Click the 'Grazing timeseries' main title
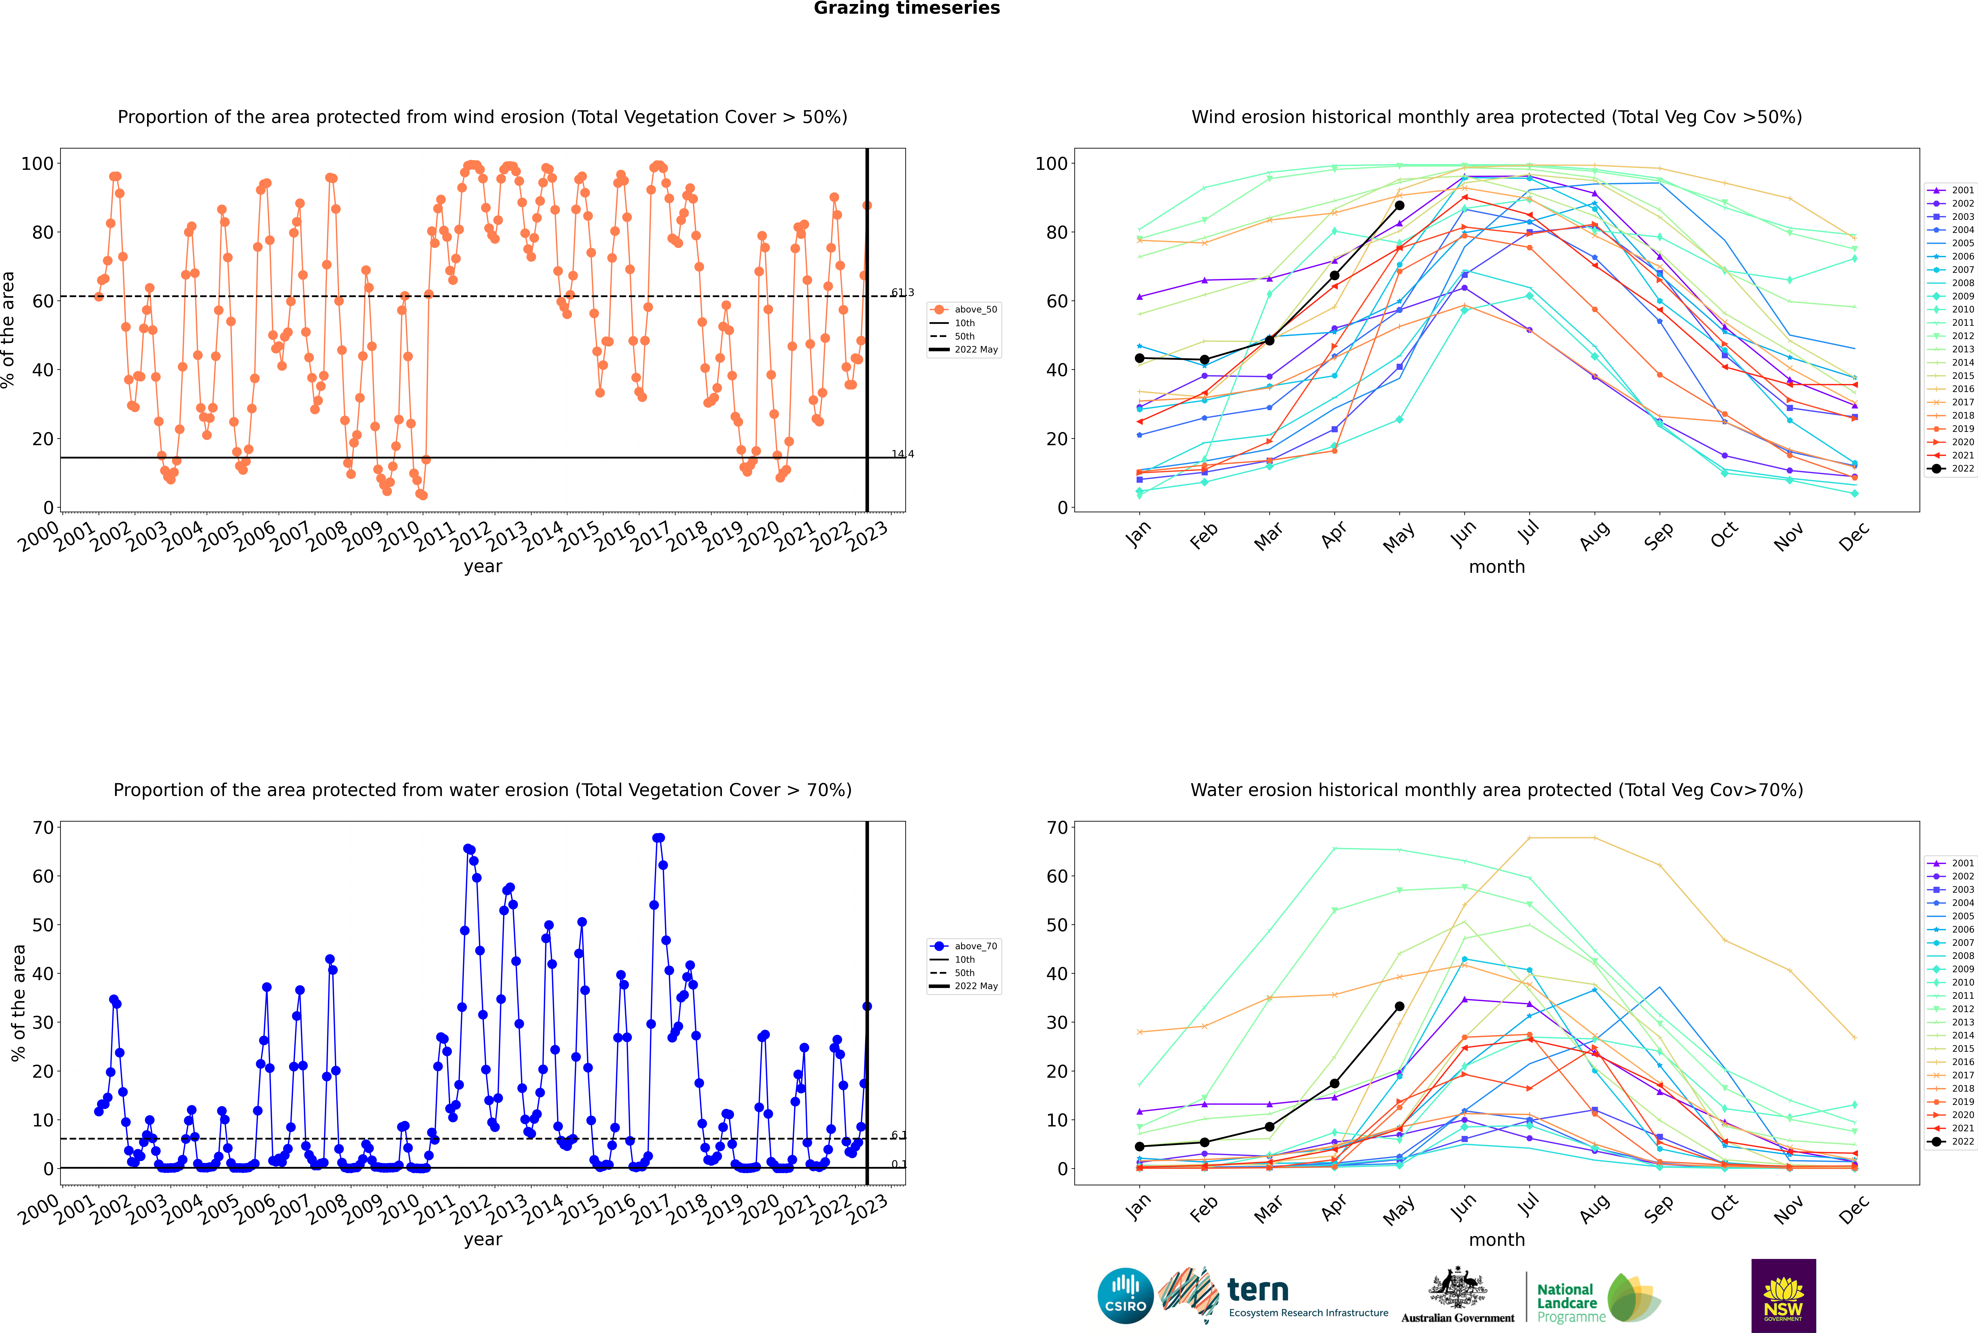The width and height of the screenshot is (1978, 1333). coord(907,8)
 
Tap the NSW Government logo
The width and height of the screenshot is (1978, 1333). coord(1783,1296)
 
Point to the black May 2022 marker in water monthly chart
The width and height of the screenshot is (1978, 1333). coord(1399,1007)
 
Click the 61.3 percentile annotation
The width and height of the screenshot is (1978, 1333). coord(902,292)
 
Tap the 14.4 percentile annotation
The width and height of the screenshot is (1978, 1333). coord(902,454)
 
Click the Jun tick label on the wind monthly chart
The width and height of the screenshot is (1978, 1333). coord(1464,534)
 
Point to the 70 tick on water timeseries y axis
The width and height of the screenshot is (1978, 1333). coord(43,827)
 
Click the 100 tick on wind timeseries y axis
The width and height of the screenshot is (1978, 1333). coord(37,163)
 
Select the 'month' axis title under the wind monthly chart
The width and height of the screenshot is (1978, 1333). coord(1497,567)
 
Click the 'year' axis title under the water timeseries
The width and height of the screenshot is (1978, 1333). coord(483,1240)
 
